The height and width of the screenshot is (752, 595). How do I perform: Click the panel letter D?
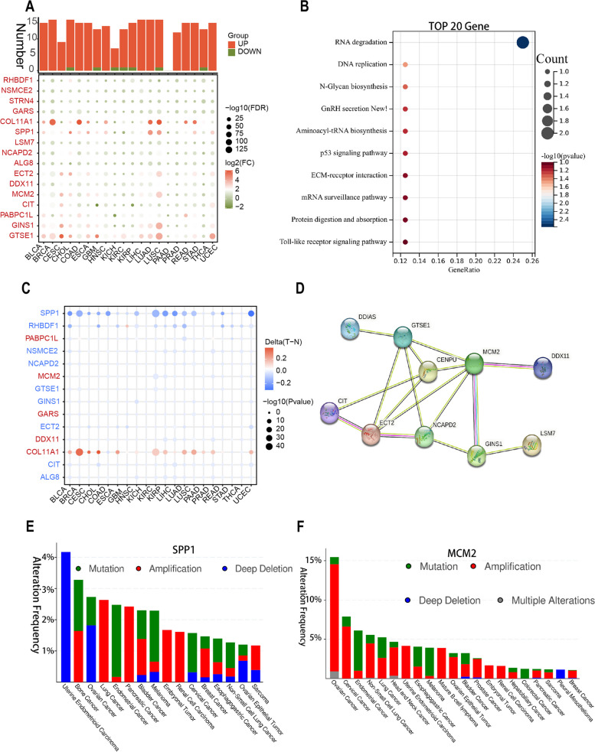point(322,291)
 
